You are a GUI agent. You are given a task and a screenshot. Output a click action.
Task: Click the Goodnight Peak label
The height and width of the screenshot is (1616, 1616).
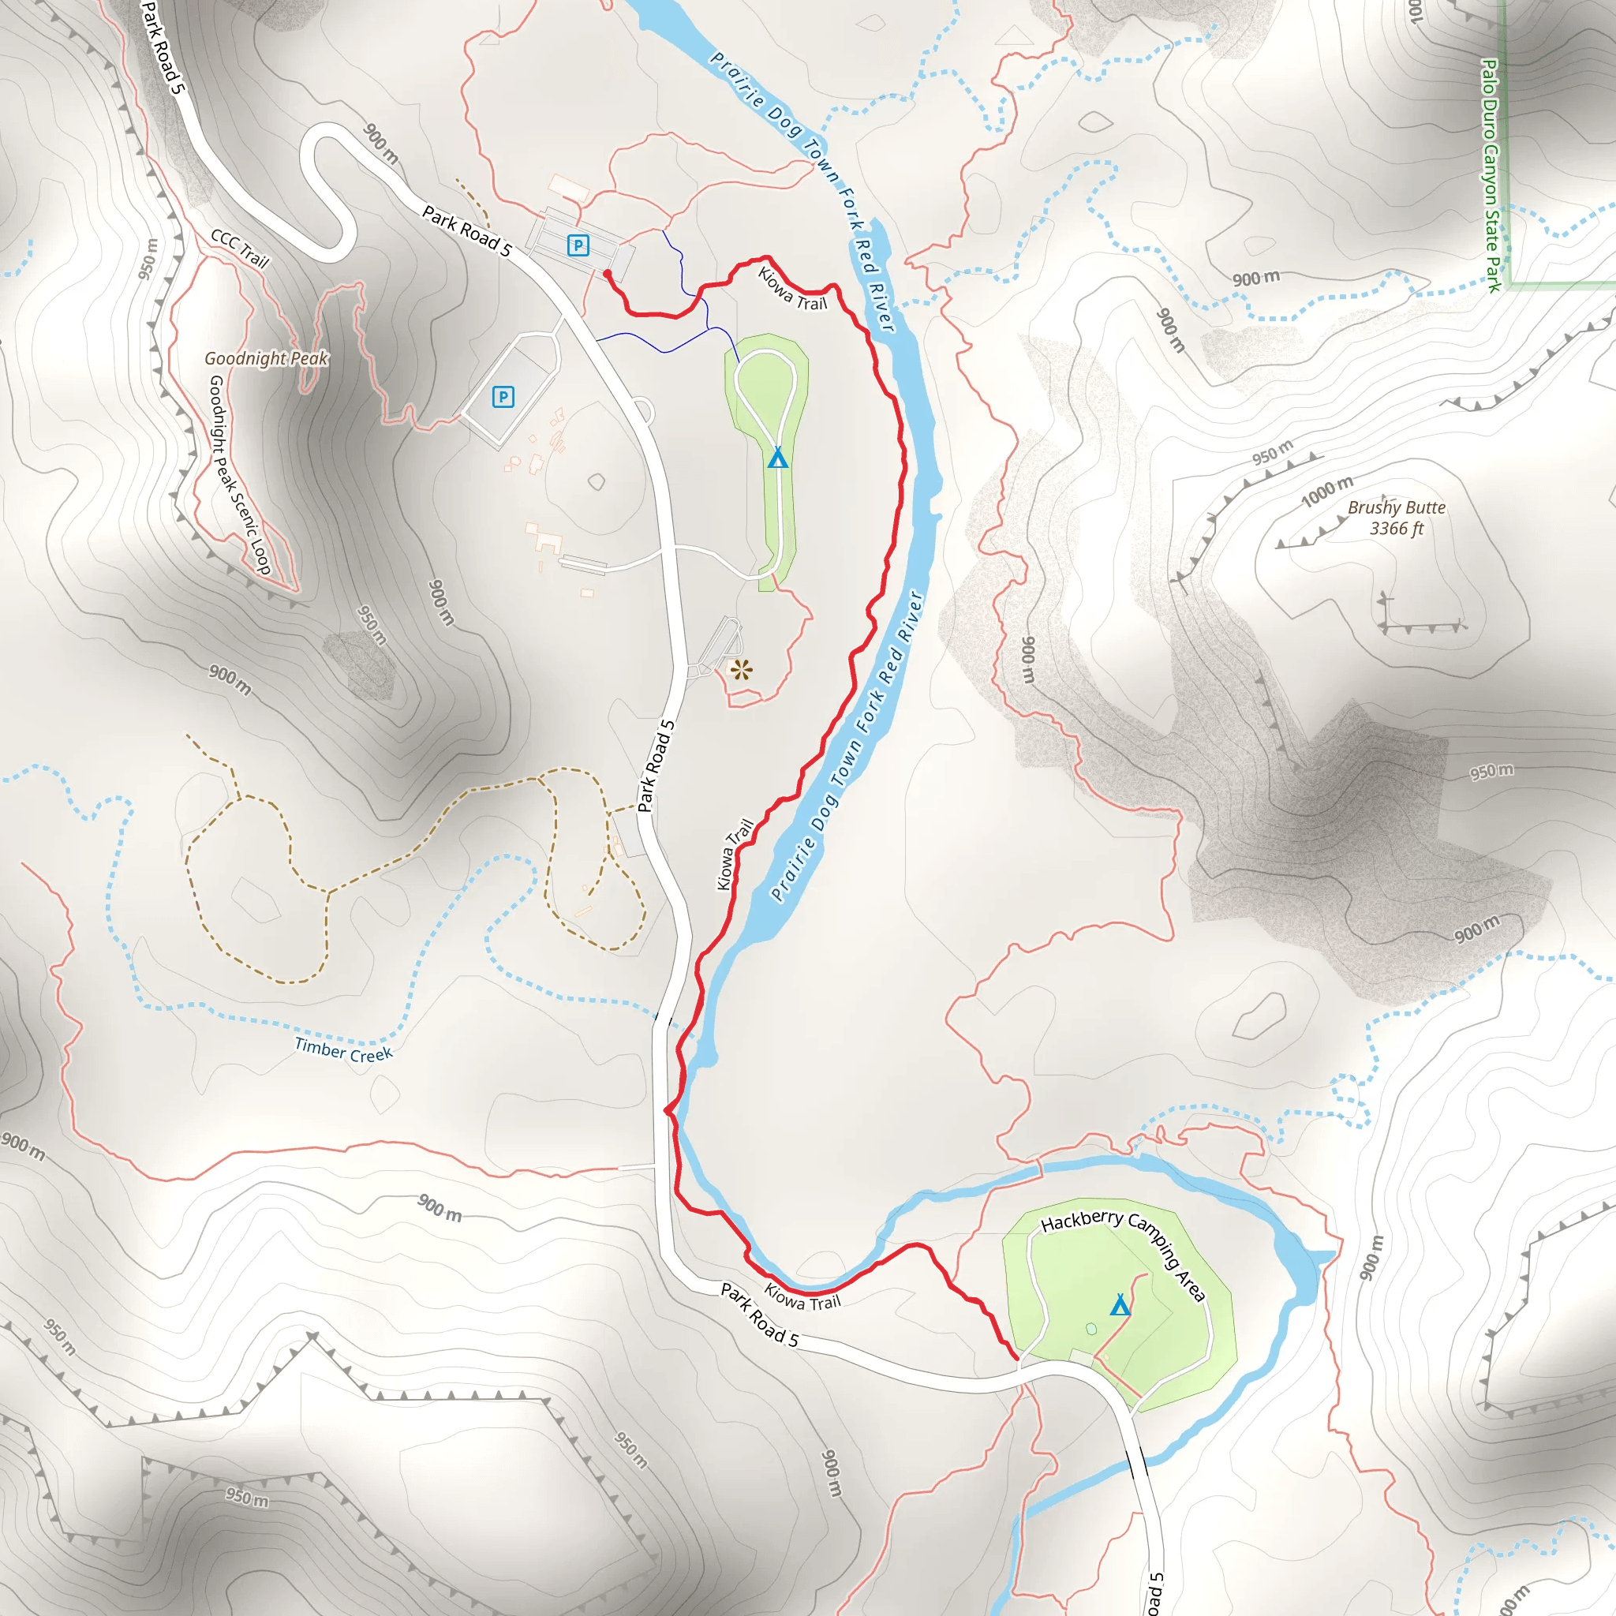tap(266, 358)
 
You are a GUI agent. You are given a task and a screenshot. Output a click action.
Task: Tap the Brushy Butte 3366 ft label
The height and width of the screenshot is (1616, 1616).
tap(1396, 518)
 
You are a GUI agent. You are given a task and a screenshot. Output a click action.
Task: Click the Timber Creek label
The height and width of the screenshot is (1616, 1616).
tap(343, 1049)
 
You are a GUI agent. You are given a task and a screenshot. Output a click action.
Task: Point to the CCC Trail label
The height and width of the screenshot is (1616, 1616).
tap(240, 249)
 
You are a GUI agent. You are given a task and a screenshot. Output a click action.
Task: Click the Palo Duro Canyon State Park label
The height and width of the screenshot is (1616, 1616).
tap(1491, 175)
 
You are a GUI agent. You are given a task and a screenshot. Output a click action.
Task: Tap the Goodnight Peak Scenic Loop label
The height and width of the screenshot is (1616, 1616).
tap(239, 474)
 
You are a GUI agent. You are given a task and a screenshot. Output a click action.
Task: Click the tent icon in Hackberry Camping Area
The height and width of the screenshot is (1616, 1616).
tap(1120, 1304)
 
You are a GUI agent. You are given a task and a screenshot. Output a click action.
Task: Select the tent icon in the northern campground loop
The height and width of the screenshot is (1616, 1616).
tap(778, 458)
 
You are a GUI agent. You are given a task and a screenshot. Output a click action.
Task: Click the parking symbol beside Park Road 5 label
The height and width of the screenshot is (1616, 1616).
tap(578, 245)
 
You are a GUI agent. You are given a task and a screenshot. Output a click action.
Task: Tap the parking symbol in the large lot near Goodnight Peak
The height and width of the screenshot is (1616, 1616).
tap(503, 396)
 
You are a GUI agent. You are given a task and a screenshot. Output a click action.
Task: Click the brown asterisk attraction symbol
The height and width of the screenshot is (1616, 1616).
tap(741, 669)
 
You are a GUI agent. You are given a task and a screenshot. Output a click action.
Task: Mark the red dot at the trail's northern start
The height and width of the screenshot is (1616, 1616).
tap(607, 273)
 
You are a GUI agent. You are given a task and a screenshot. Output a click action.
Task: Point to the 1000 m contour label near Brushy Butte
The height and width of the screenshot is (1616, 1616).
tap(1326, 491)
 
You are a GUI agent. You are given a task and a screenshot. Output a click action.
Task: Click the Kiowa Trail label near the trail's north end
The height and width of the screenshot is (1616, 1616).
tap(792, 289)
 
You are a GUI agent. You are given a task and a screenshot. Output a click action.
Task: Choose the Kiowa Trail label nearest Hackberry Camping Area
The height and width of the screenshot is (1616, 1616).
tap(802, 1297)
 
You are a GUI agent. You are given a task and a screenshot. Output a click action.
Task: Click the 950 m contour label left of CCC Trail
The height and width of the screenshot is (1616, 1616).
tap(148, 259)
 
